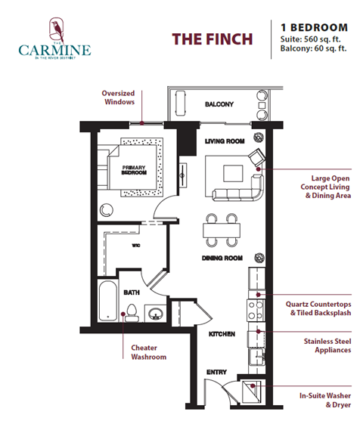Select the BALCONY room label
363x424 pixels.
(219, 104)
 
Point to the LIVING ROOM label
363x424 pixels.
(225, 141)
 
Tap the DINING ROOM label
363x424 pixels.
(222, 258)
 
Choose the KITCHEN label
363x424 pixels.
(222, 333)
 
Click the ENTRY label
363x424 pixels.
(217, 372)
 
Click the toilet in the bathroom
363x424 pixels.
(131, 311)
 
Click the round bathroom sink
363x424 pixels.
(155, 314)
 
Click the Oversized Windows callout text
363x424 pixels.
(119, 98)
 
